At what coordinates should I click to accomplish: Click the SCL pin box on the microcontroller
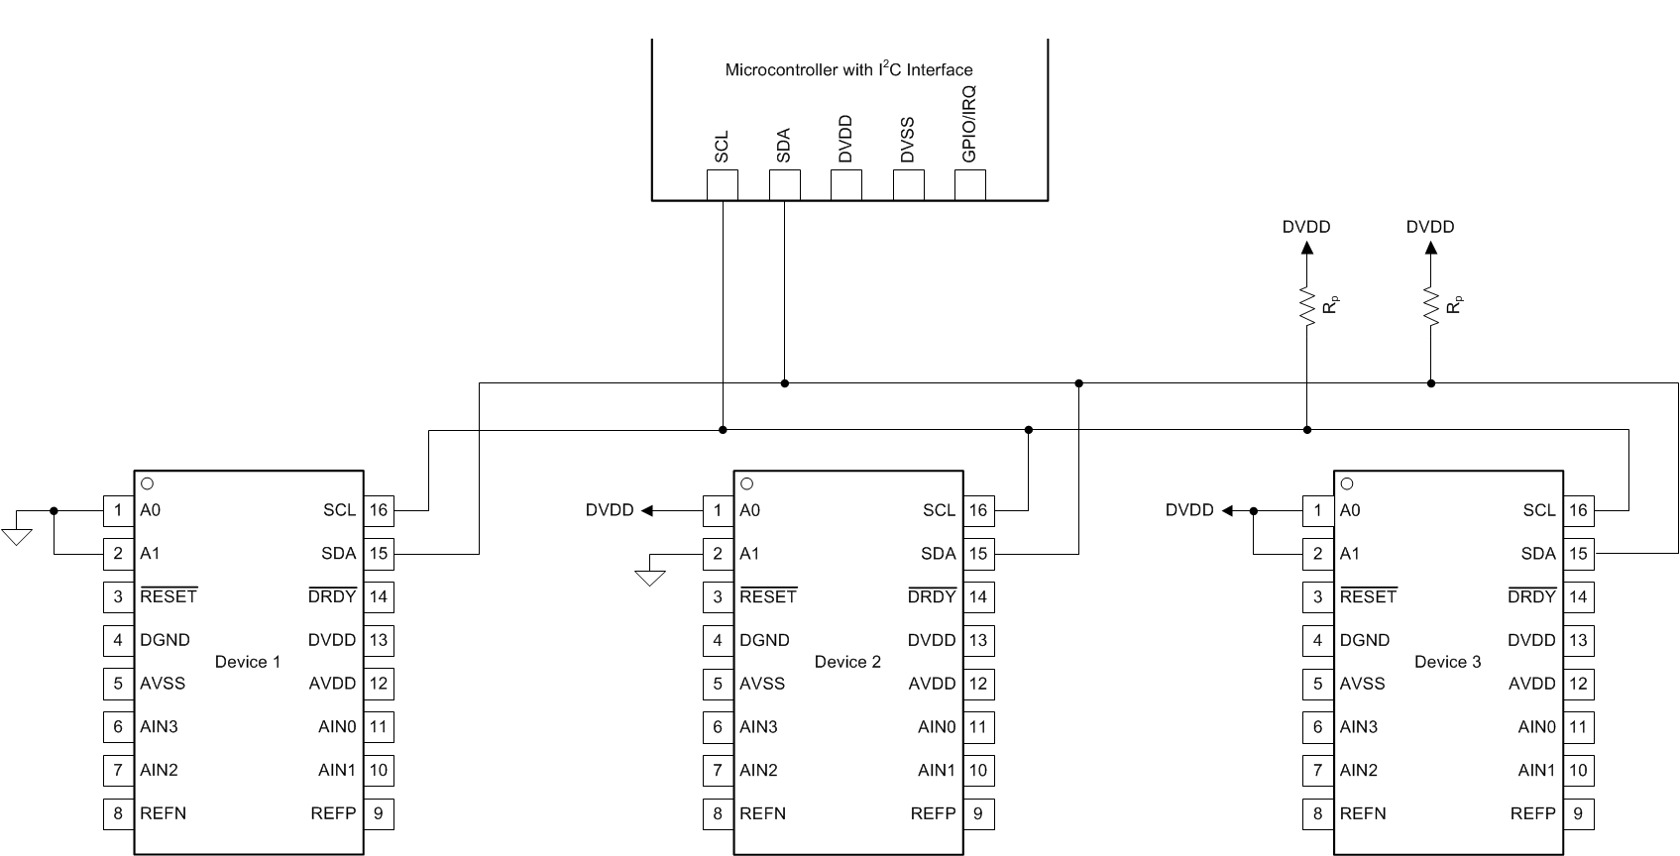click(722, 184)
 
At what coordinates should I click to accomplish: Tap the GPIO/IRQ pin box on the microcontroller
click(969, 184)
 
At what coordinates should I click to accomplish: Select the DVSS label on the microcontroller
click(907, 140)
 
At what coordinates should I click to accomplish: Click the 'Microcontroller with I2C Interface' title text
click(848, 69)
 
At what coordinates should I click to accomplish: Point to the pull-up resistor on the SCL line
click(1306, 305)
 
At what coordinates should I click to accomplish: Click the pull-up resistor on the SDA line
click(1430, 305)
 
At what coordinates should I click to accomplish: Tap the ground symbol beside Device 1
click(17, 536)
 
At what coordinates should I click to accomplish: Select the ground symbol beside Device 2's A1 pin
click(649, 577)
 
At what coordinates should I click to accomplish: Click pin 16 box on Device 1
click(379, 510)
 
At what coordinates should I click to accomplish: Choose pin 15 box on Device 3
click(1578, 554)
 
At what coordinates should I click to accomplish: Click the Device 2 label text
click(847, 662)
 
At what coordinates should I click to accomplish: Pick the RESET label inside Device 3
click(1368, 596)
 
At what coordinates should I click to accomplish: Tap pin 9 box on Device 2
click(978, 813)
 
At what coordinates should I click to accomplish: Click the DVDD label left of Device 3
click(1189, 510)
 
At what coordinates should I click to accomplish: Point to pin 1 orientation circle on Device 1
click(148, 483)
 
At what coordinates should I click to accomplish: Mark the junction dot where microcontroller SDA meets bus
click(784, 382)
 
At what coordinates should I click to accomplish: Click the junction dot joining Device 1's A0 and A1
click(54, 510)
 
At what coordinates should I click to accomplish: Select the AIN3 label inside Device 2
click(758, 726)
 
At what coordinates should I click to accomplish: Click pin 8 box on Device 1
click(118, 813)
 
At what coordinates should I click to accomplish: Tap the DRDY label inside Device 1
click(332, 596)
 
